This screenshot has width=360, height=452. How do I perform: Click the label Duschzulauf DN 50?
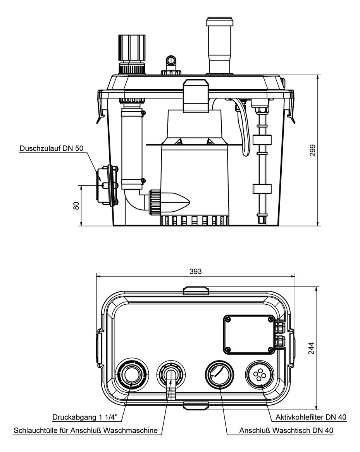[51, 148]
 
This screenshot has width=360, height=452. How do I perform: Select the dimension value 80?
[76, 205]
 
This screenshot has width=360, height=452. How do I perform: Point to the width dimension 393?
[196, 271]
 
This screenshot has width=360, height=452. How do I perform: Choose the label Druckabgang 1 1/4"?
[88, 417]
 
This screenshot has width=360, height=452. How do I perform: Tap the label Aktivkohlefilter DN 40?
[311, 417]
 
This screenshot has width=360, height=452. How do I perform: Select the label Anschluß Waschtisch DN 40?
[286, 430]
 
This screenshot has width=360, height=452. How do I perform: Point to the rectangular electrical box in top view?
[250, 335]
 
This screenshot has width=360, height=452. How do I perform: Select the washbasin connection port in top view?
[220, 374]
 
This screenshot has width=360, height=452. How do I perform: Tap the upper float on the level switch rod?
[262, 140]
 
